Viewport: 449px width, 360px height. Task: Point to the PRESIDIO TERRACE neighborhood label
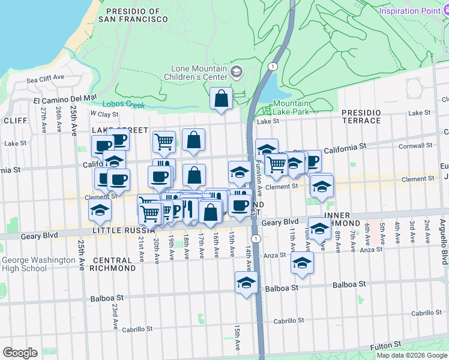coord(361,116)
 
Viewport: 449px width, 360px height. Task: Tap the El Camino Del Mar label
coord(65,99)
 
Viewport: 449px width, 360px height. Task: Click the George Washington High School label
coord(34,264)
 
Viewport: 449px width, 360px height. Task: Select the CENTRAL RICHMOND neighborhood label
coord(112,264)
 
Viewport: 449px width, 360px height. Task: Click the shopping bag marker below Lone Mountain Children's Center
coord(221,98)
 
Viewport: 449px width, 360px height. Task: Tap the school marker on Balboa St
coord(246,283)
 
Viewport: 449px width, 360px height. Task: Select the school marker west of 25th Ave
coord(100,210)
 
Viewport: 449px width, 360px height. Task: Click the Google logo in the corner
coord(19,352)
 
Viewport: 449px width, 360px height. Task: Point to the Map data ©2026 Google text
coord(412,355)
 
